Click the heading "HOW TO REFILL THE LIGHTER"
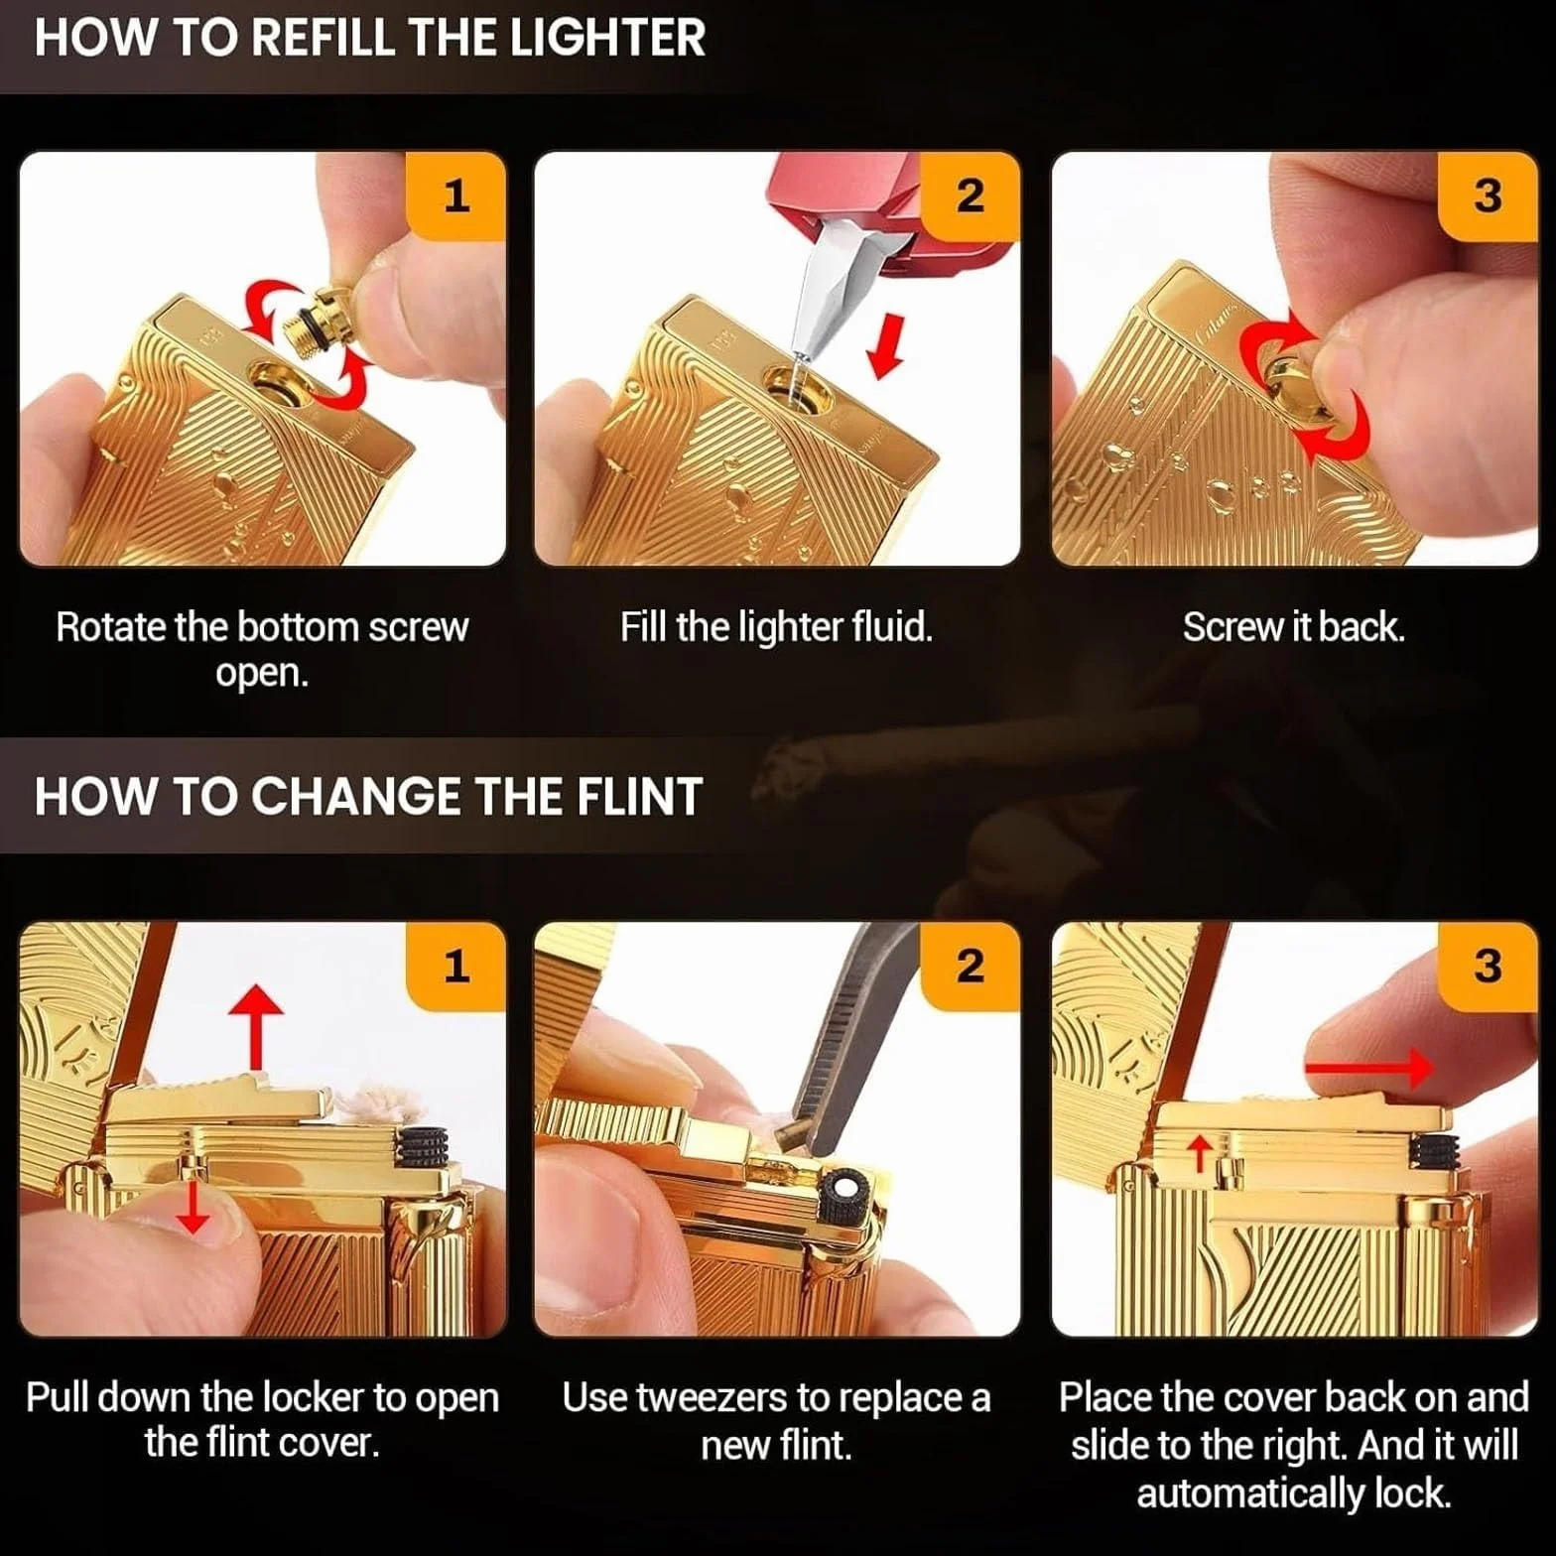point(369,38)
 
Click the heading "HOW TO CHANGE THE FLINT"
point(368,797)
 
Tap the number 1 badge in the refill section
point(456,196)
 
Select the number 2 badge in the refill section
point(971,196)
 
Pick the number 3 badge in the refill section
point(1488,196)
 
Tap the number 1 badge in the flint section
point(456,967)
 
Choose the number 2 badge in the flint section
point(971,967)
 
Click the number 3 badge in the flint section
point(1488,967)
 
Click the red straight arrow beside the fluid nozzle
point(885,345)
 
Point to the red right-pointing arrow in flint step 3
point(1369,1068)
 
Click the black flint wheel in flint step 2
point(846,1188)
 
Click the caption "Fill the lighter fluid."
point(776,627)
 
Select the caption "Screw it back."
point(1293,627)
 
